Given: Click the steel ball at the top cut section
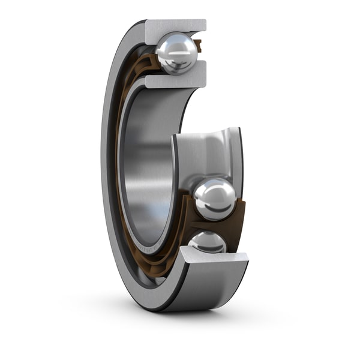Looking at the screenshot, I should click(x=176, y=53).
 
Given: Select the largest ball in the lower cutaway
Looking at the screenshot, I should click(x=214, y=199).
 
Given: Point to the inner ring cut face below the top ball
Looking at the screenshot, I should click(x=175, y=80).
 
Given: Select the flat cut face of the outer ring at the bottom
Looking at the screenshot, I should click(x=215, y=256).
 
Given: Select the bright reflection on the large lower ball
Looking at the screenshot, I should click(x=210, y=191).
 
